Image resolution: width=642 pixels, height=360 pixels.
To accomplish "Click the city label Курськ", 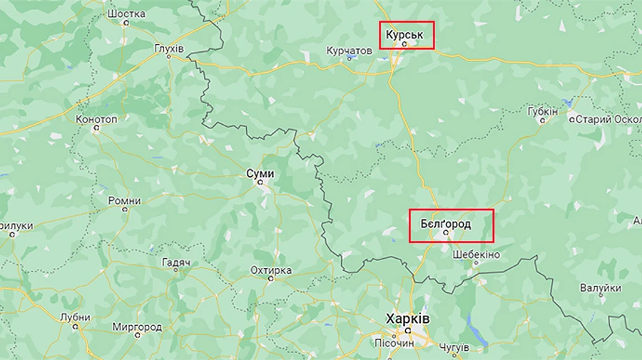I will pos(406,33).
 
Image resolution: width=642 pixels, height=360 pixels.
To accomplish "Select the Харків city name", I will pos(407,318).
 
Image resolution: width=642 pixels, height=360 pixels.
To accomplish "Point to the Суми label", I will pos(260,173).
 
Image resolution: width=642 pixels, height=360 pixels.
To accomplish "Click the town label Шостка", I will pos(126,14).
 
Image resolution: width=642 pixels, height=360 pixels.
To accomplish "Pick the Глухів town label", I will pos(169,48).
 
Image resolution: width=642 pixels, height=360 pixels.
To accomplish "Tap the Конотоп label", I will pos(96,119).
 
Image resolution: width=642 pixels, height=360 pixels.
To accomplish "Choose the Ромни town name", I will pos(124,201).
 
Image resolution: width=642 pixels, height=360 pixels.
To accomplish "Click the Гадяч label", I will pos(176,263).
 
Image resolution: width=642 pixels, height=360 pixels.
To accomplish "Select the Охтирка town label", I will pos(271,270).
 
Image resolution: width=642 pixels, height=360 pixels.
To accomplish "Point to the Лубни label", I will pos(76,317).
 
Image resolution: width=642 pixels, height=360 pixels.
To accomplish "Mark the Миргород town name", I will pos(137,327).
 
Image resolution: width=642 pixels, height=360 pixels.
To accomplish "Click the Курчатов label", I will pos(349,51).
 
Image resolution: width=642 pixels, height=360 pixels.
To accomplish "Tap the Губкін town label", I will pos(543,112).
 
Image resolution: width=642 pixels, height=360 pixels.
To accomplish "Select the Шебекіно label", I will pos(476,254).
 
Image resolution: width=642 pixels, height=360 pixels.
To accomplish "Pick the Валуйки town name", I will pos(600,289).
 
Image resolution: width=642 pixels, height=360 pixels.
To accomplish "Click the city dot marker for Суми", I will pos(260,182).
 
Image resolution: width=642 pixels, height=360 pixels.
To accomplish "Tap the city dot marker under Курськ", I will pos(404,43).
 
